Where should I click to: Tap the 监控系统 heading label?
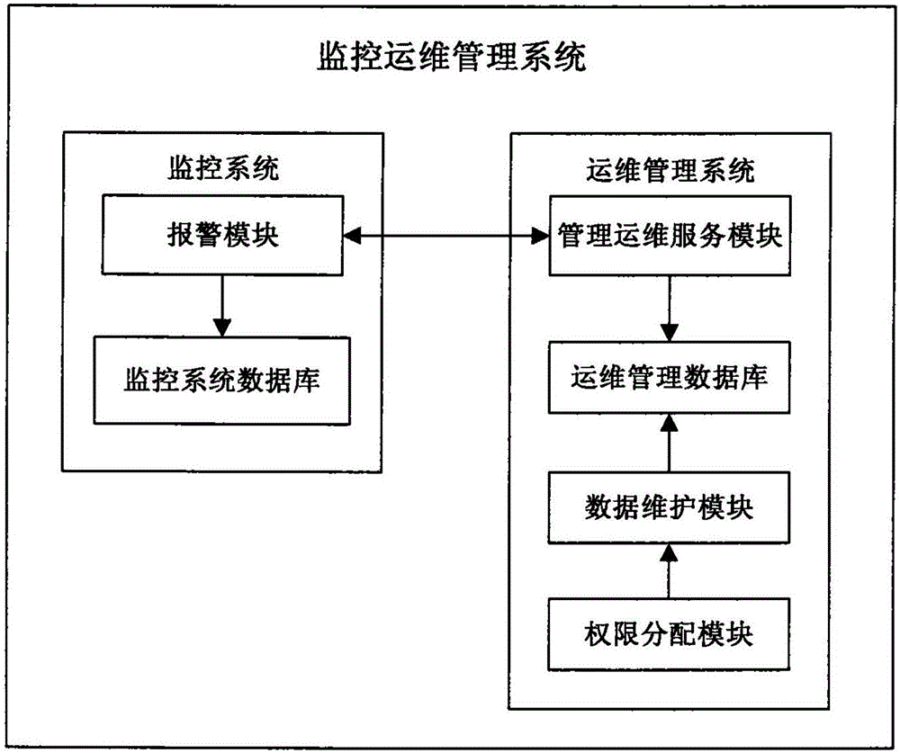point(223,168)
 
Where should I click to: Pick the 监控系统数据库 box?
point(222,379)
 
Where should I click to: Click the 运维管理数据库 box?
point(670,377)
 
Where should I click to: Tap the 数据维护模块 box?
point(670,508)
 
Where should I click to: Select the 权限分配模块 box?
point(670,635)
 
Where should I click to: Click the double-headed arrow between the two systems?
point(446,237)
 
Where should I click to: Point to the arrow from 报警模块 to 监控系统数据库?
point(222,305)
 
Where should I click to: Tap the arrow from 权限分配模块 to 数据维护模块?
point(670,571)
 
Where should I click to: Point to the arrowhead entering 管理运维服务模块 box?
point(540,237)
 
